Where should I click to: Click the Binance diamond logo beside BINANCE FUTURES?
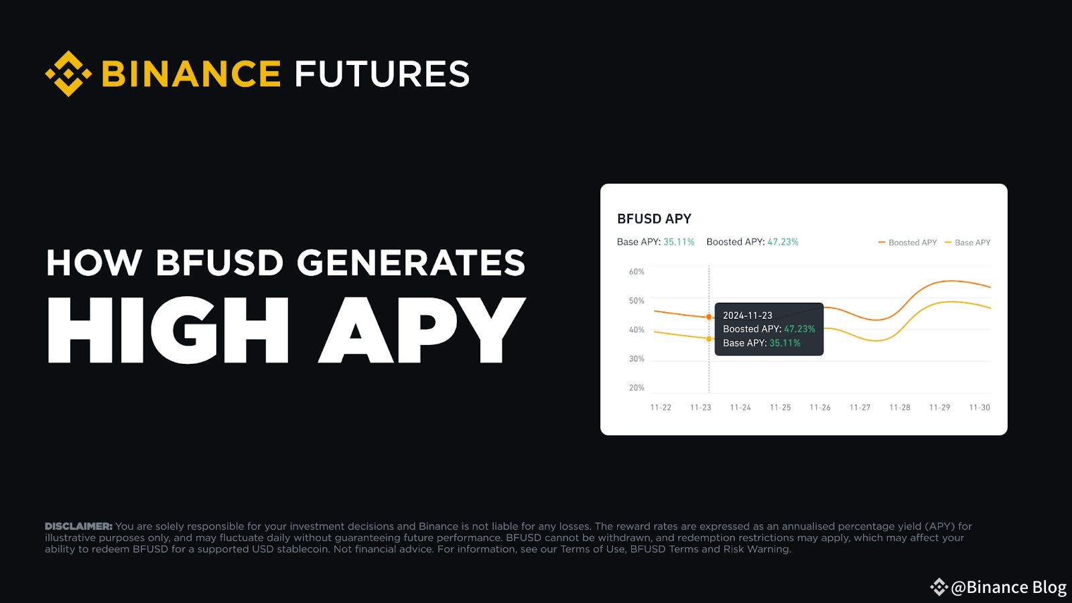[x=68, y=74]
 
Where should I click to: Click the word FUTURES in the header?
[x=382, y=74]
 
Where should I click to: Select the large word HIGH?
[x=167, y=330]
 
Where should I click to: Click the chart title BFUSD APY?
[x=654, y=219]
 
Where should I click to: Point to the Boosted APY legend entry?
[x=908, y=243]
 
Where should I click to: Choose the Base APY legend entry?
[x=968, y=243]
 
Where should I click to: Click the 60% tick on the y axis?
[x=636, y=272]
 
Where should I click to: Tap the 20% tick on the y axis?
[x=636, y=388]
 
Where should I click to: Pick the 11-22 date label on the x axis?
[x=661, y=407]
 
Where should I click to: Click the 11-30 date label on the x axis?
[x=980, y=407]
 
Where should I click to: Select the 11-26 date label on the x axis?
[x=820, y=407]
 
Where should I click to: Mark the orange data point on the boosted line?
[x=709, y=317]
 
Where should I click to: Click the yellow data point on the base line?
[x=709, y=339]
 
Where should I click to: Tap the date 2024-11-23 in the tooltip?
[x=748, y=316]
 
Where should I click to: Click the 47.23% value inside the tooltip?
[x=799, y=329]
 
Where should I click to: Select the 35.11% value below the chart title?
[x=679, y=242]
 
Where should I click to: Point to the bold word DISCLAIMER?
[x=78, y=527]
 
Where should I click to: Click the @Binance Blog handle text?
[x=1008, y=588]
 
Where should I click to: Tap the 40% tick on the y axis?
[x=636, y=330]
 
